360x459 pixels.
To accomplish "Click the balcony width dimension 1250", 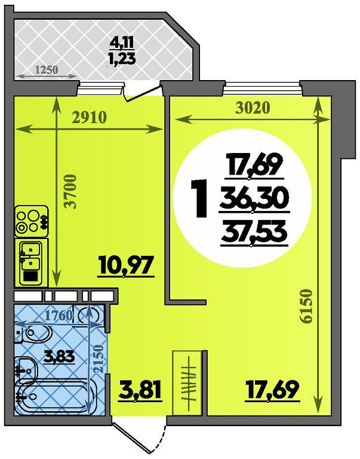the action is coord(47,70).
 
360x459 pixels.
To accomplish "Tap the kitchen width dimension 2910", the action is coord(90,118).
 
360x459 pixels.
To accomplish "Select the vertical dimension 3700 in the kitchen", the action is coord(71,191).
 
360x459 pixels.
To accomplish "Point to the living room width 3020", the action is coord(253,108).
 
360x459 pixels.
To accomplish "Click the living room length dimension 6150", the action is coord(307,306).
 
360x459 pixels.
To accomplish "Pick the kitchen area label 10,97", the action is coord(127,265).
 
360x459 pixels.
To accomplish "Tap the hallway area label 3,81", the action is coord(140,389).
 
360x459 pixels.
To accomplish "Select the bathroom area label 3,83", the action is coord(59,357).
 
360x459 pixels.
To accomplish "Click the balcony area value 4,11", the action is coord(122,43).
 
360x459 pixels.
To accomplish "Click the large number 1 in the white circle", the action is coord(200,199).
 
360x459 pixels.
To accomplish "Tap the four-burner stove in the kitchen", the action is coord(31,221).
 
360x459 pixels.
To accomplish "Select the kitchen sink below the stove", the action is coord(30,262).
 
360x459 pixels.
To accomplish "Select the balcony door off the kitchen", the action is coord(142,93).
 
